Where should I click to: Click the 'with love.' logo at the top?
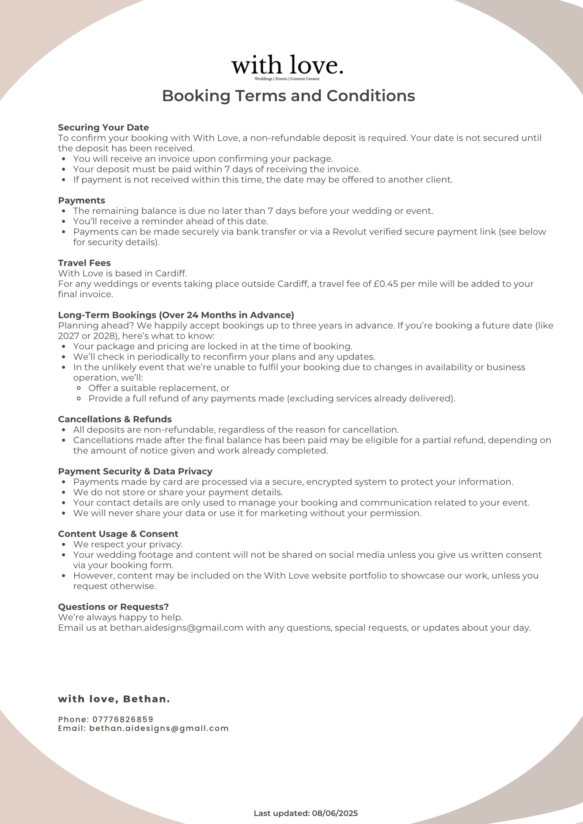point(287,65)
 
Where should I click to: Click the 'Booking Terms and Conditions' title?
point(288,96)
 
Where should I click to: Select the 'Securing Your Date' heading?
point(103,128)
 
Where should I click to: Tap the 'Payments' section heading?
point(82,200)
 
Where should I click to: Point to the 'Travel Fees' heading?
point(84,263)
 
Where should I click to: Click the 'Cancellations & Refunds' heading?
point(115,420)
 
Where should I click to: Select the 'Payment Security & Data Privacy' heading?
point(135,472)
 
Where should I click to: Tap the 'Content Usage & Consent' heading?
point(118,534)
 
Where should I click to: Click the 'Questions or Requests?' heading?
point(114,607)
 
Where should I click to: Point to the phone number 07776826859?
point(123,719)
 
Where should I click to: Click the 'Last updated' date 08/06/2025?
point(335,813)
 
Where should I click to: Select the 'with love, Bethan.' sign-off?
point(114,699)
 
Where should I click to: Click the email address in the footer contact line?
point(159,728)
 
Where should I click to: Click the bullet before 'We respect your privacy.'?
point(64,545)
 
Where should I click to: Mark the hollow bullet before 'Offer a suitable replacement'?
point(79,389)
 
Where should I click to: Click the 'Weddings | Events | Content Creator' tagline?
point(287,79)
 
